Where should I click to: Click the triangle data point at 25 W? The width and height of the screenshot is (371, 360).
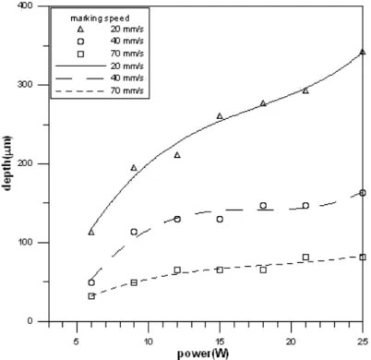[x=363, y=52]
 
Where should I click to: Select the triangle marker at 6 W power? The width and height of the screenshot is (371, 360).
[x=91, y=232]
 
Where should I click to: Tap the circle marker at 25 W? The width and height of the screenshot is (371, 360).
[x=363, y=193]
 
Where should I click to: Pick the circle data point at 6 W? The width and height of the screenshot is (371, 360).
[x=91, y=282]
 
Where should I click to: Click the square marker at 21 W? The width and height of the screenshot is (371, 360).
[x=305, y=258]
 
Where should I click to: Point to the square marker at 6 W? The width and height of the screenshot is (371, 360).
[x=91, y=296]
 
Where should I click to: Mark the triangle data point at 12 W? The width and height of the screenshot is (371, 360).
[x=177, y=155]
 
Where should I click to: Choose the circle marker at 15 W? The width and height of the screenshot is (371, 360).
[x=220, y=219]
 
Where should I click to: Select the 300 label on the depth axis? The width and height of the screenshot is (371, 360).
[x=26, y=85]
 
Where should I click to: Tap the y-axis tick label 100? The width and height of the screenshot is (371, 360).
[x=26, y=242]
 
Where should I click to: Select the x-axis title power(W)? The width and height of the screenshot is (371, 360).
[x=203, y=354]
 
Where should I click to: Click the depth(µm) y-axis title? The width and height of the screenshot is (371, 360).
[x=7, y=163]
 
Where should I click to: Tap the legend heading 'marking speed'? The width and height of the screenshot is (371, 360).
[x=100, y=18]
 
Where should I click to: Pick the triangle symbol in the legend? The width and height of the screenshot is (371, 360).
[x=80, y=30]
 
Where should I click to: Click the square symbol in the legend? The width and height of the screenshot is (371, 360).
[x=80, y=54]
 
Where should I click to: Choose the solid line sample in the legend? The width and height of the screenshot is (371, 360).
[x=80, y=66]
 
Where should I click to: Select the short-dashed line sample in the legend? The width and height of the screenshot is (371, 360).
[x=80, y=90]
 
